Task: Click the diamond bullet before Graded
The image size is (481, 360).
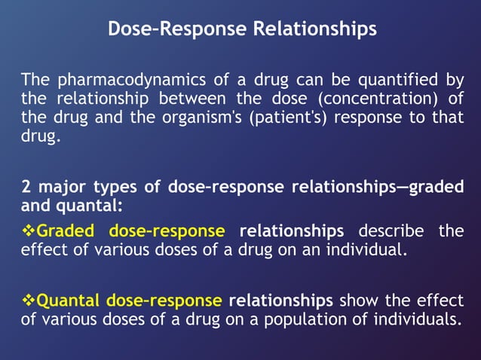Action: (28, 230)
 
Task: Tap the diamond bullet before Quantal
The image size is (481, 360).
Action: (28, 301)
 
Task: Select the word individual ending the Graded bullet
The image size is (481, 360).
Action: (369, 250)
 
